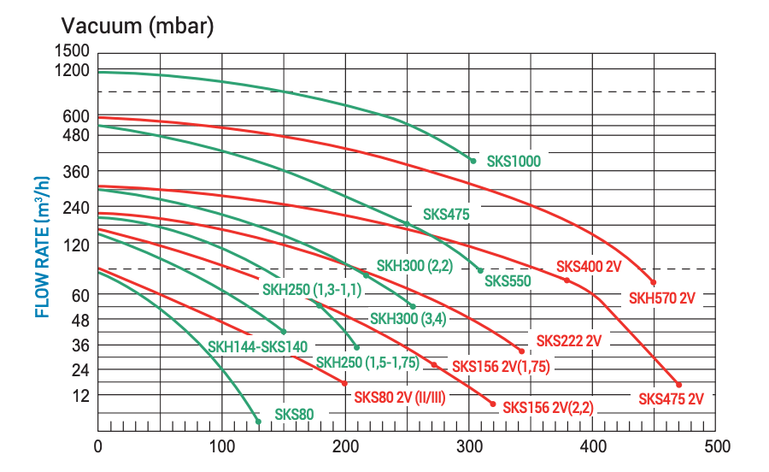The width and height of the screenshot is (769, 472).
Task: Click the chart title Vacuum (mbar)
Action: tap(137, 26)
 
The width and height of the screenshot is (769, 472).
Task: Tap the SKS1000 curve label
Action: tap(514, 160)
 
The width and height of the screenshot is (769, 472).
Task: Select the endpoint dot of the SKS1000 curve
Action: tap(473, 160)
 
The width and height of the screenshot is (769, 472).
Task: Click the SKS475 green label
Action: tap(446, 215)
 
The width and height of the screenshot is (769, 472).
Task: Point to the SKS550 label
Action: tap(508, 280)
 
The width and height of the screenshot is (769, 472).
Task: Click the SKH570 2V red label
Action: tap(663, 298)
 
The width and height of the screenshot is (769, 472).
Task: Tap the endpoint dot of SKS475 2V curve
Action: tap(678, 385)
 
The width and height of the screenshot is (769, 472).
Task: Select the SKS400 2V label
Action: tap(588, 266)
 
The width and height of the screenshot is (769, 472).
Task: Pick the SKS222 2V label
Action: tap(569, 340)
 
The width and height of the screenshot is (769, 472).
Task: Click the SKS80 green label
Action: tap(295, 415)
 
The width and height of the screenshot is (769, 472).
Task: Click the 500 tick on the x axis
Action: tap(716, 445)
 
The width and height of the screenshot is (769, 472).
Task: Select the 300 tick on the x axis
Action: tap(469, 445)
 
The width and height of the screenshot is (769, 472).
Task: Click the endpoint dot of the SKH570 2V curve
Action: tap(654, 282)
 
